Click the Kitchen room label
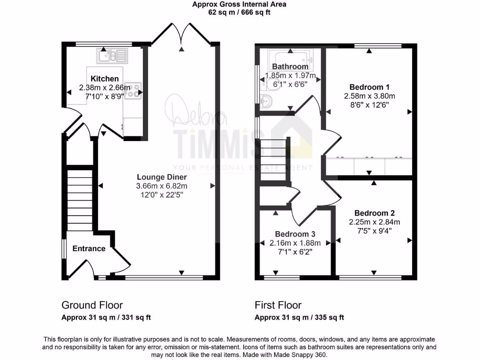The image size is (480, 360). tap(105, 79)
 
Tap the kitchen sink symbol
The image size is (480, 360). tap(112, 56)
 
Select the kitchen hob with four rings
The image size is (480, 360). tap(133, 90)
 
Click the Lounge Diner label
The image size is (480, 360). tap(162, 177)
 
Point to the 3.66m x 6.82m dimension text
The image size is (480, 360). tap(162, 186)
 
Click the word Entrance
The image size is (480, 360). tap(89, 248)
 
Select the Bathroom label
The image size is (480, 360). tap(290, 67)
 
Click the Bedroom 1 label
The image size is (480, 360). tap(369, 87)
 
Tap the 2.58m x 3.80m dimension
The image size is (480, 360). tap(369, 96)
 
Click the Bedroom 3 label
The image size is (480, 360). tap(295, 234)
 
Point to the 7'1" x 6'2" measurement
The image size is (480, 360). tap(295, 252)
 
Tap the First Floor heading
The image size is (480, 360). tap(278, 305)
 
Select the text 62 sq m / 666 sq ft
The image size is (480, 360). tap(240, 13)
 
